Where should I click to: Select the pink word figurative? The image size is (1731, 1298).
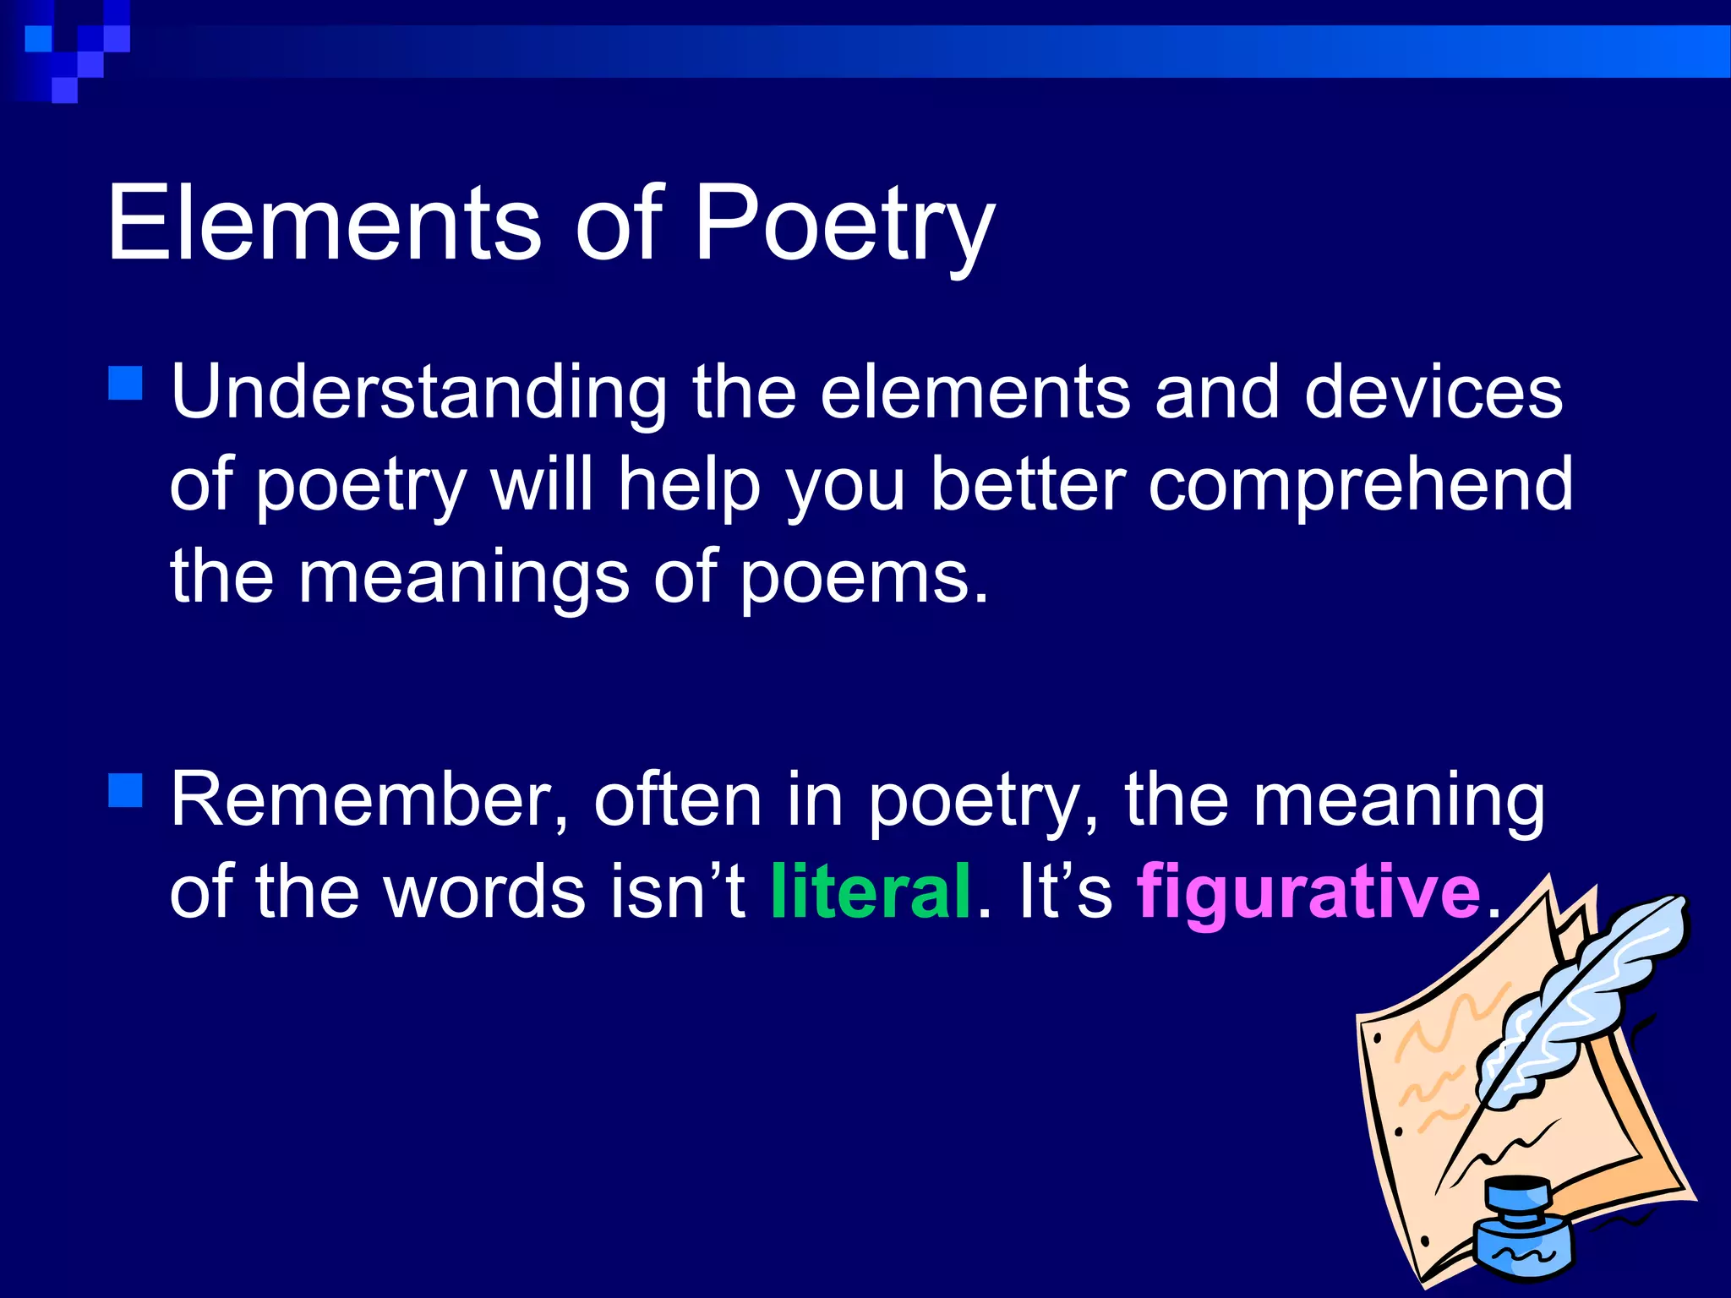click(1308, 892)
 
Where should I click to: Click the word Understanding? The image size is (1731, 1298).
click(419, 393)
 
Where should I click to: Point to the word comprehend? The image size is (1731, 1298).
click(1360, 486)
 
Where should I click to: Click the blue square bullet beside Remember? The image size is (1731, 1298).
click(126, 791)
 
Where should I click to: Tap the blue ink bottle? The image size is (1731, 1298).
click(1522, 1230)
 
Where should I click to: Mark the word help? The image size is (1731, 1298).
click(689, 486)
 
